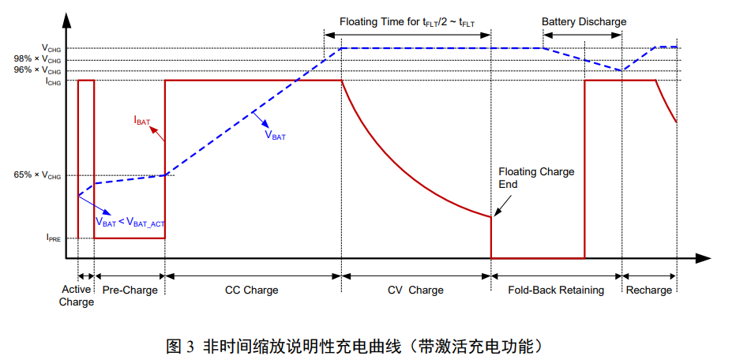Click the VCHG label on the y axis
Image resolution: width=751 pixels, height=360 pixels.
click(x=51, y=49)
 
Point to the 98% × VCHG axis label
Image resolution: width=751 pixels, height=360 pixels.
click(x=37, y=60)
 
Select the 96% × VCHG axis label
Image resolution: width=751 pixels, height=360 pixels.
click(x=37, y=71)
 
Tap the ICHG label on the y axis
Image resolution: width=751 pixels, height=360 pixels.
click(x=53, y=81)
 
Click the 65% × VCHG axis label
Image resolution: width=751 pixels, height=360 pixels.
click(x=37, y=176)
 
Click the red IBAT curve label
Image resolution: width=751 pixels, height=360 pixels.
click(x=142, y=121)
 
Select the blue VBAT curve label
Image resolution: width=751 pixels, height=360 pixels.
click(x=275, y=135)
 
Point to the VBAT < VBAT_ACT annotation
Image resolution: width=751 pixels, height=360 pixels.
click(x=130, y=223)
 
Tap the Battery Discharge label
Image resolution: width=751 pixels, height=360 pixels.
click(x=584, y=21)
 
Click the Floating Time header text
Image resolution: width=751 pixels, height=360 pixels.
click(x=407, y=21)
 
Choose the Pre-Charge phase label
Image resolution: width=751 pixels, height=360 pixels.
click(x=130, y=290)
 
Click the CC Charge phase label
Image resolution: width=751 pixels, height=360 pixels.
click(x=251, y=290)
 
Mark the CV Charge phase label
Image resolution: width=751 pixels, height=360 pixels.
click(x=415, y=290)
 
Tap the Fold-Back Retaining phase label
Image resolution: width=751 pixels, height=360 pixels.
click(x=556, y=290)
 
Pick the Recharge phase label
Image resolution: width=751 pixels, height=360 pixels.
click(x=649, y=290)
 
